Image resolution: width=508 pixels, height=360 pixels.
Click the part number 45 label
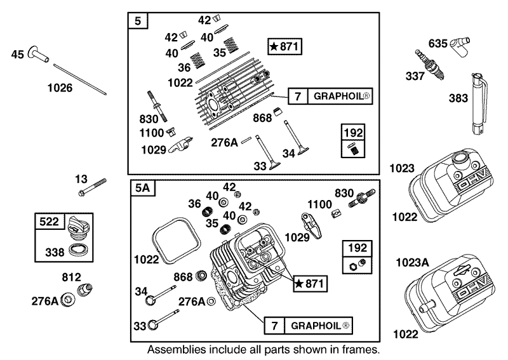tap(18, 55)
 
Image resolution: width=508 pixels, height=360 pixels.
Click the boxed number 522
tap(50, 222)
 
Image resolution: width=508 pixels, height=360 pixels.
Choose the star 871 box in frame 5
tap(284, 46)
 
